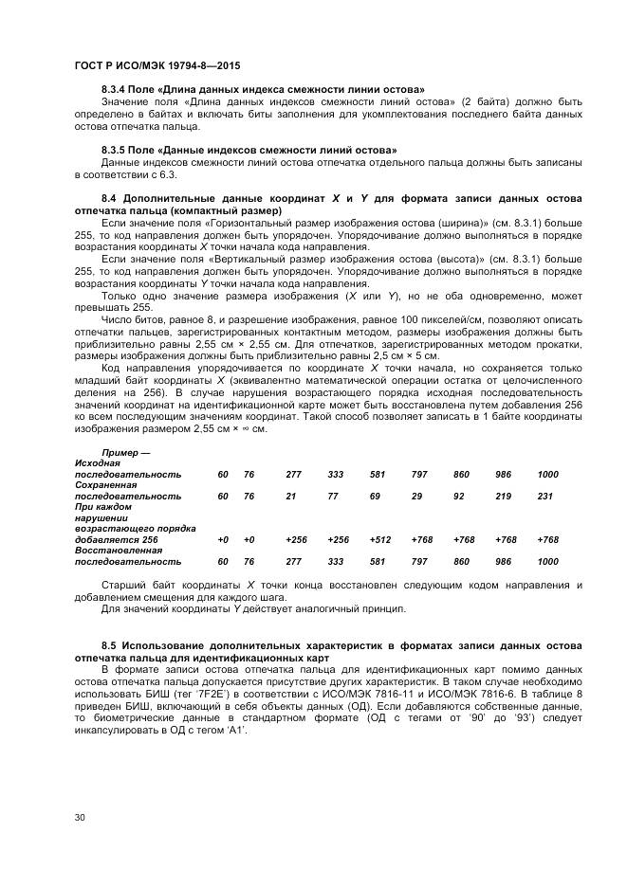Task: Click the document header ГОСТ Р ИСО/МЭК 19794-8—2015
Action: click(142, 67)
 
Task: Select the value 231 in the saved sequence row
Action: click(545, 496)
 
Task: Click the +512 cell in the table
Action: click(379, 539)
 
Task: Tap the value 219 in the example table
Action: click(504, 496)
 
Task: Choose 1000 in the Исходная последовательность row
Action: click(548, 474)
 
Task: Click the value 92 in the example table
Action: click(459, 496)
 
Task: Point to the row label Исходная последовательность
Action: click(127, 468)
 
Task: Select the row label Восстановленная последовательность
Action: click(127, 555)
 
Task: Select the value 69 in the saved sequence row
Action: click(376, 496)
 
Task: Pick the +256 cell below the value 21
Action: click(296, 539)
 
